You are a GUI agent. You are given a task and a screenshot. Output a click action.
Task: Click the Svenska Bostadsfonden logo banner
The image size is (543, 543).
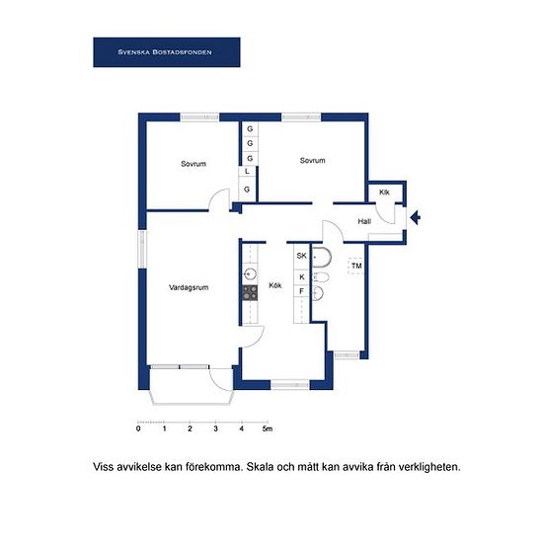(167, 52)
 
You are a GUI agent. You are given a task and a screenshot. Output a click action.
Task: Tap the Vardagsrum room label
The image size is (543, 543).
(189, 287)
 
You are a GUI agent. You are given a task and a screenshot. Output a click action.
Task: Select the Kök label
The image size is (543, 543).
(275, 285)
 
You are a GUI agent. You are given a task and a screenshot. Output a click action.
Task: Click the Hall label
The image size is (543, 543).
(364, 221)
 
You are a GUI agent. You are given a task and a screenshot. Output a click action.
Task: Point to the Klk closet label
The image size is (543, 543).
(384, 193)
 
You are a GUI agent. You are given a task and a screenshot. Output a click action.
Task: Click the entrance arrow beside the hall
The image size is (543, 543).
(416, 218)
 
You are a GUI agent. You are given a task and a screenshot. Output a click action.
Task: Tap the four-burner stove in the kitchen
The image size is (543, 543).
(250, 293)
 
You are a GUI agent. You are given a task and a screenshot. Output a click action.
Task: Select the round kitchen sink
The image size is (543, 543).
(250, 274)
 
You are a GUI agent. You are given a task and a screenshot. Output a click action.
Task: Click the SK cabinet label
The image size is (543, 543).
(302, 256)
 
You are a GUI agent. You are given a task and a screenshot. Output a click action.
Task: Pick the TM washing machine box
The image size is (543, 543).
(356, 266)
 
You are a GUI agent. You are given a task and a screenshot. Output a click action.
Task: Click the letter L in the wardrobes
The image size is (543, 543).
(247, 172)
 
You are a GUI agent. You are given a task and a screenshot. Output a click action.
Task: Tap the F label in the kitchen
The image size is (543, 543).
(301, 291)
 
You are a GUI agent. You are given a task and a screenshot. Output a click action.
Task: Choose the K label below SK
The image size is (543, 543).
(302, 277)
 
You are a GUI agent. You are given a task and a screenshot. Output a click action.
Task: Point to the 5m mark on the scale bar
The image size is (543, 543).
(268, 428)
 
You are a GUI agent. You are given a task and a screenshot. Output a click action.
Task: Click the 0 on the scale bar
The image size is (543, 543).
(138, 428)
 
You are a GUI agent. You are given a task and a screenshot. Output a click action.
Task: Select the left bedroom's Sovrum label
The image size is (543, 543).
(194, 164)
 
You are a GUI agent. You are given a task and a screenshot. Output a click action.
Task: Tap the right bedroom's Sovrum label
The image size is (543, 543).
(312, 160)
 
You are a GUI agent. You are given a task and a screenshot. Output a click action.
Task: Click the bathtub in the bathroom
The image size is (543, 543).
(322, 258)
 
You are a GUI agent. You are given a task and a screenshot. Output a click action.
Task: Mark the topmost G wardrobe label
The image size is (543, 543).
(250, 128)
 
